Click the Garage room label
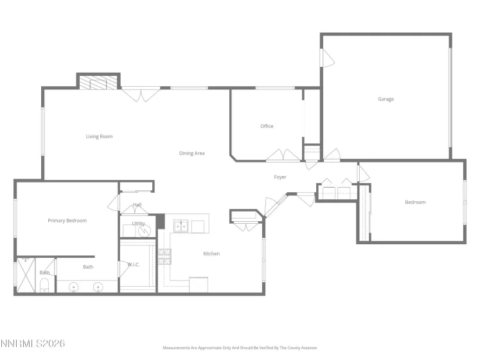click(386, 99)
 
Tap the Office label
click(267, 126)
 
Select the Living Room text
click(100, 136)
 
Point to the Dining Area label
click(191, 153)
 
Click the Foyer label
click(280, 177)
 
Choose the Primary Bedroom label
click(67, 221)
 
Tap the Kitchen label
click(211, 253)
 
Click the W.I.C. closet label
click(134, 264)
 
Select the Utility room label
click(138, 224)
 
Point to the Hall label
click(138, 205)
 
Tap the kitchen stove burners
click(164, 256)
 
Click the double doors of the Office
click(283, 155)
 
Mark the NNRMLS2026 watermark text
click(33, 344)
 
